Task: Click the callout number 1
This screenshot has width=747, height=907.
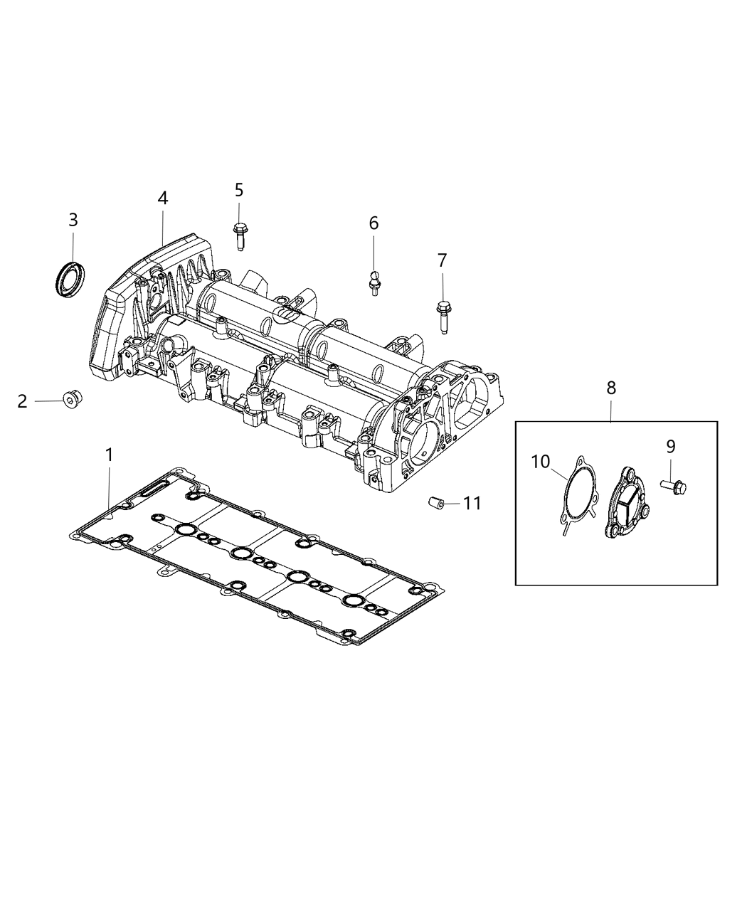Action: pos(109,455)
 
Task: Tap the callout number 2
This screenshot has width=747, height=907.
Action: pos(22,401)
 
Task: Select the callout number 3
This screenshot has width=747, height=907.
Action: pos(73,220)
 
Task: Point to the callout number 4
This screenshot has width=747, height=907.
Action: pos(163,198)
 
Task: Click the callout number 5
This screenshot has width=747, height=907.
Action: pos(239,190)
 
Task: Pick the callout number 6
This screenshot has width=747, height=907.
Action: pos(373,223)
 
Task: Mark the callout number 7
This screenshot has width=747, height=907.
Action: pos(442,260)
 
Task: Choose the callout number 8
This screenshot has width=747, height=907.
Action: pos(611,388)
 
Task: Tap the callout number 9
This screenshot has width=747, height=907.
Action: pos(670,446)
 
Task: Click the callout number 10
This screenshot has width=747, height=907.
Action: pos(540,462)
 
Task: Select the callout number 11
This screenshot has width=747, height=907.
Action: pos(472,504)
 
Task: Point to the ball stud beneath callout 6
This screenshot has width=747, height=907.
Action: pos(373,282)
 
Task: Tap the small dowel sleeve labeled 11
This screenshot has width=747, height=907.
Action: pos(436,504)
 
